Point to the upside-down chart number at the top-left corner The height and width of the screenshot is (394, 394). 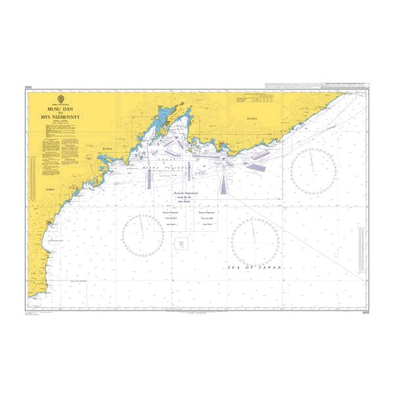28,86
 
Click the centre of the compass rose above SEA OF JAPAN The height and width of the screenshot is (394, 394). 255,237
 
